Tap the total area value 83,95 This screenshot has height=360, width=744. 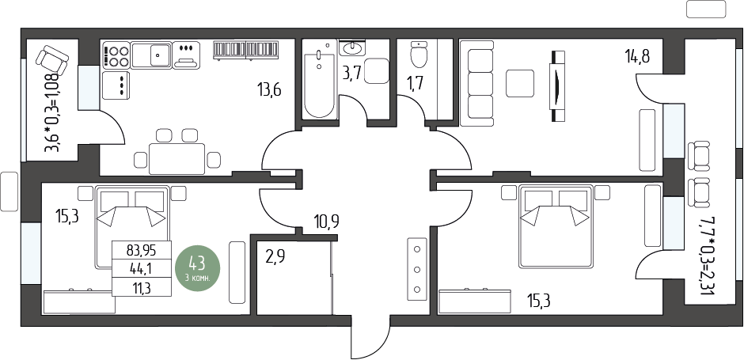tap(142, 250)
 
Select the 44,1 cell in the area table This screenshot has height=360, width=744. tap(142, 268)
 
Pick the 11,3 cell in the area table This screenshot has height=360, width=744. tap(142, 287)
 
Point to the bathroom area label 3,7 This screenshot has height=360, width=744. tap(352, 74)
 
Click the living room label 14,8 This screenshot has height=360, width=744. tap(636, 57)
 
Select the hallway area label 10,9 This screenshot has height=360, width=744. tap(326, 221)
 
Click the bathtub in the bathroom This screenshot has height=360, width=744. tap(319, 79)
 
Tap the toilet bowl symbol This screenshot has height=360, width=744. tap(419, 55)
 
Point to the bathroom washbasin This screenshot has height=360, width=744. tap(352, 47)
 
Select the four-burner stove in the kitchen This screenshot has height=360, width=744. tap(116, 55)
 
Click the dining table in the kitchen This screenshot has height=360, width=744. tap(177, 159)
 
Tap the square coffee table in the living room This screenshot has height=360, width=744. tap(520, 84)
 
